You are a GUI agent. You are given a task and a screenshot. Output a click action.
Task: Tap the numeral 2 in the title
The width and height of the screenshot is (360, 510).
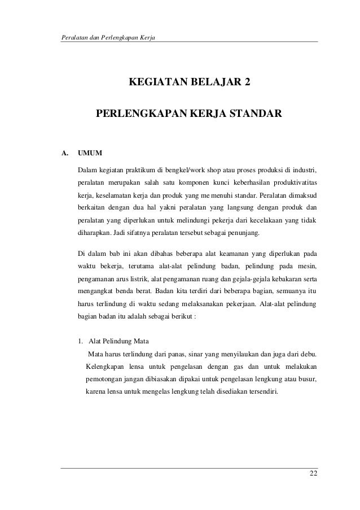[x=244, y=85]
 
